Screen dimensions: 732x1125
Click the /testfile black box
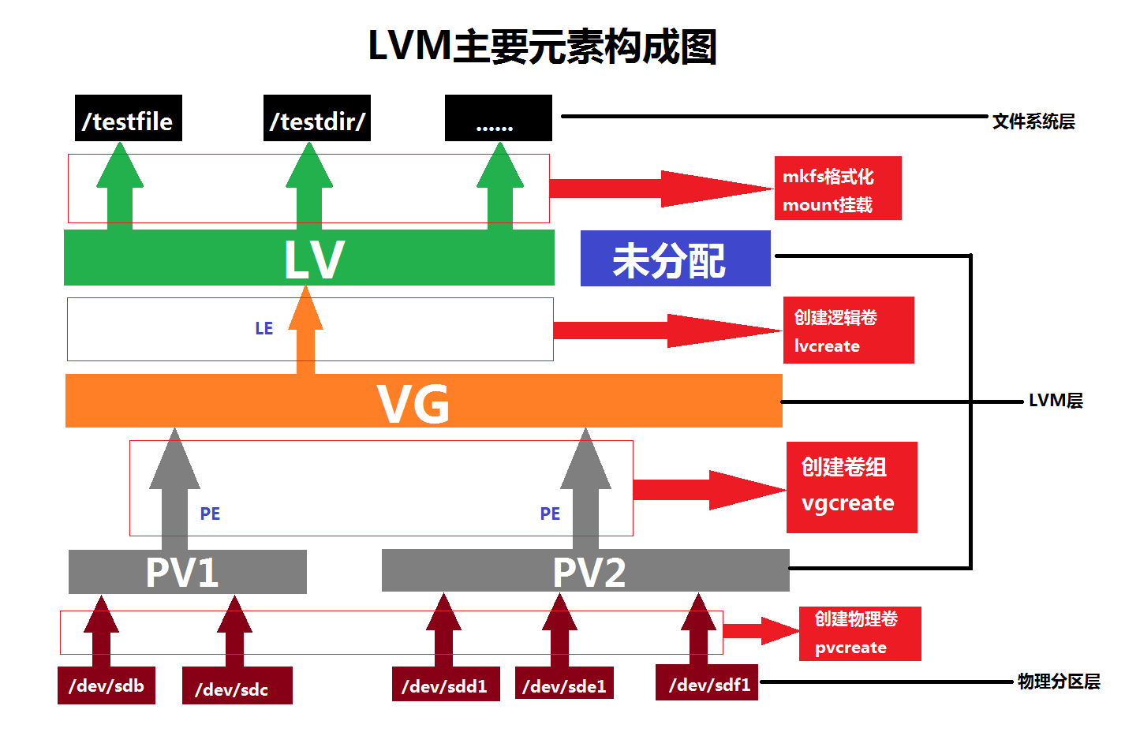pos(128,118)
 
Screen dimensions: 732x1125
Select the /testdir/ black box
pos(316,118)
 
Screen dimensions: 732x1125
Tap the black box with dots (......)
pos(498,118)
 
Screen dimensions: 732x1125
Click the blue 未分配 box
pos(675,258)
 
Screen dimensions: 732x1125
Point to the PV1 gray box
pos(187,572)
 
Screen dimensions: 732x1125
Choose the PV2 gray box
pos(585,571)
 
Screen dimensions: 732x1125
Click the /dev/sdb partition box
pos(106,685)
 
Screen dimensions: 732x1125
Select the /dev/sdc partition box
pos(237,686)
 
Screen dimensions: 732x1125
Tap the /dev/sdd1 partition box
pos(445,685)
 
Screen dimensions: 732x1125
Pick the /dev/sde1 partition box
pos(564,685)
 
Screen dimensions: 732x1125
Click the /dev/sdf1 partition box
pos(706,683)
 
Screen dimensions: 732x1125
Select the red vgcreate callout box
pos(851,487)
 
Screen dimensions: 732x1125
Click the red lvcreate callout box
pos(848,330)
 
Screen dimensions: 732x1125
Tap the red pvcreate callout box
pos(859,633)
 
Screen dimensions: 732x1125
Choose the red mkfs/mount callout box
pos(837,188)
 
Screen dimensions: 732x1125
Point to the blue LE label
pos(263,328)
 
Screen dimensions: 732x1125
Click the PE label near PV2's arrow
pos(550,514)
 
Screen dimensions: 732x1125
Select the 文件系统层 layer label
pos(1033,121)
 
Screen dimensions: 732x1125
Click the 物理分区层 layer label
pos(1058,682)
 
